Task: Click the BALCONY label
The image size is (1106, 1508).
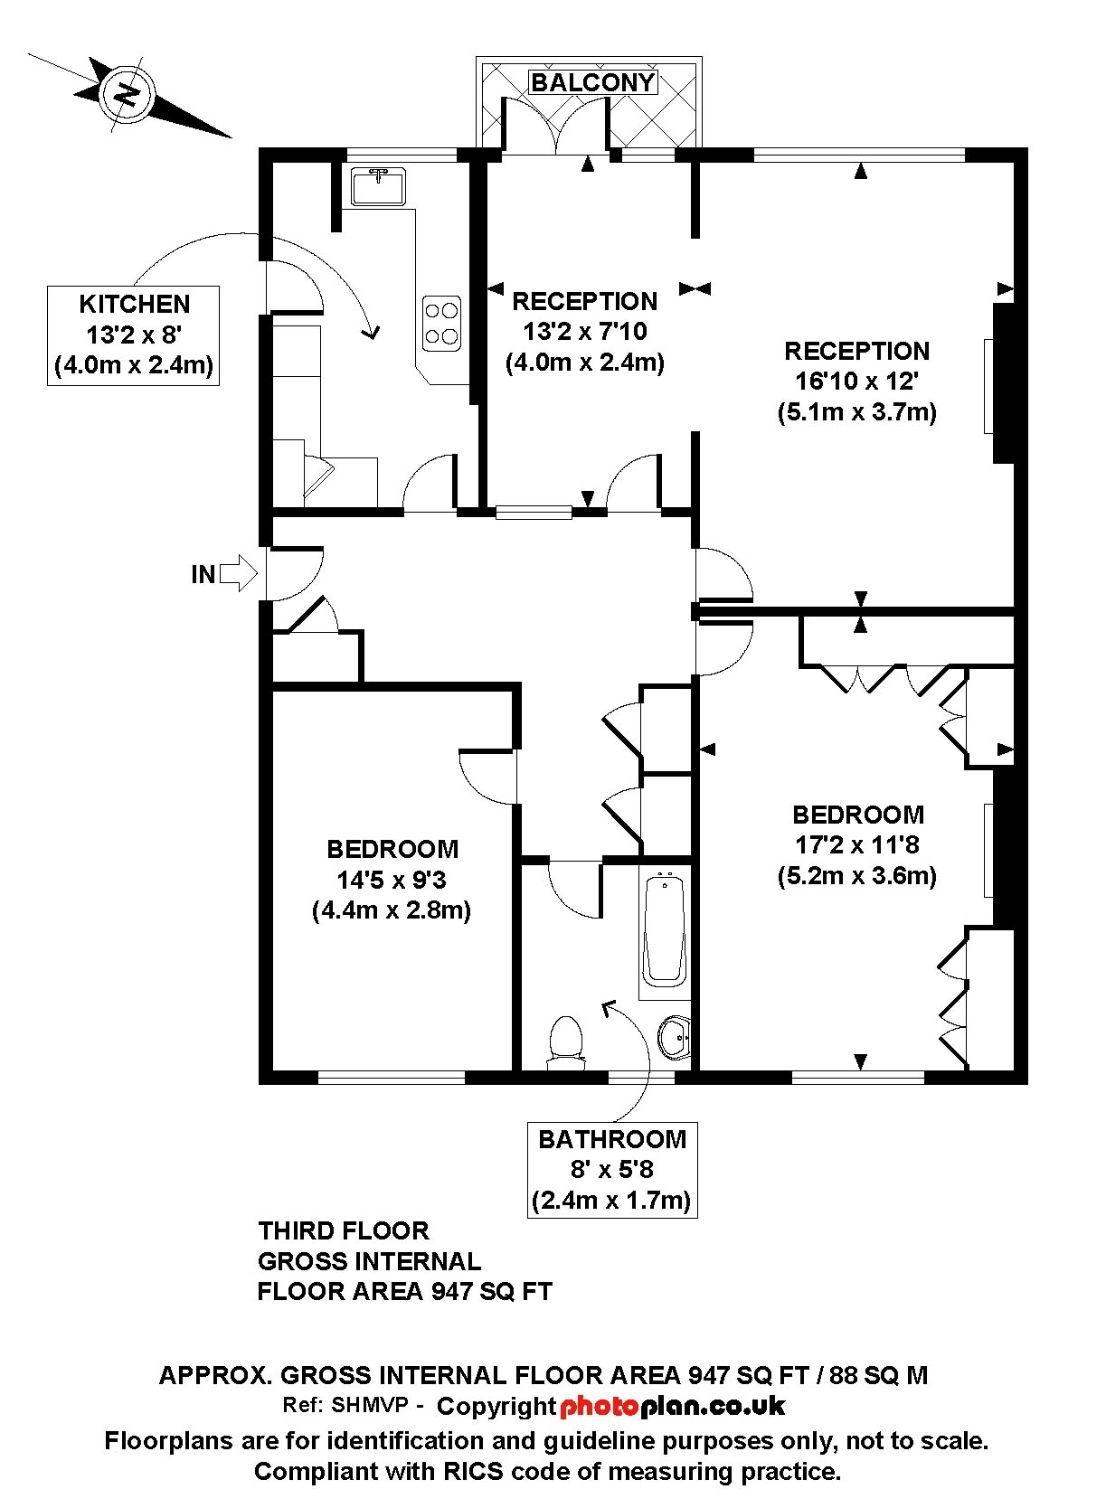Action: pyautogui.click(x=592, y=82)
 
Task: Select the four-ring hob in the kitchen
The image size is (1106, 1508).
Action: pyautogui.click(x=442, y=323)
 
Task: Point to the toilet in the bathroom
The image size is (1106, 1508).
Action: pyautogui.click(x=566, y=1042)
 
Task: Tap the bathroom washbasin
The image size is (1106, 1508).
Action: pyautogui.click(x=675, y=1037)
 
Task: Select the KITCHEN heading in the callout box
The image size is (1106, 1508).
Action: pyautogui.click(x=135, y=305)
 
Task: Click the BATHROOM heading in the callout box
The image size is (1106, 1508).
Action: pyautogui.click(x=611, y=1140)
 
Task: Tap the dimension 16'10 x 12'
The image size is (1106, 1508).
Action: pyautogui.click(x=856, y=381)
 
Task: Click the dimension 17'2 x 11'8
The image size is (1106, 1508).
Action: pyautogui.click(x=856, y=845)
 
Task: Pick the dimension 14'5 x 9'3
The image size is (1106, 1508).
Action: pyautogui.click(x=392, y=880)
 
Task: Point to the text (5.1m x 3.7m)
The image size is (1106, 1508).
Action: pyautogui.click(x=856, y=411)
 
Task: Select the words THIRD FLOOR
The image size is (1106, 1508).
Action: pyautogui.click(x=344, y=1231)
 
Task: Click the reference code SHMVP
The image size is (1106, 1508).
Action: pyautogui.click(x=370, y=1405)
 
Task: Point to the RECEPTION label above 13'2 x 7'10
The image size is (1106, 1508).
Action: pyautogui.click(x=585, y=301)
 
